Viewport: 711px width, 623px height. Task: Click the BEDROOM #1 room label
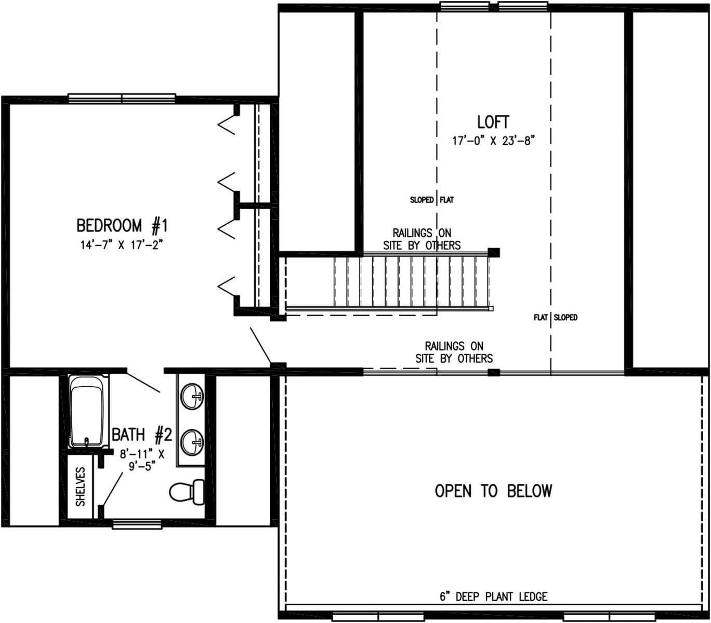click(122, 226)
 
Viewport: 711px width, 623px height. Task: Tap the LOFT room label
click(493, 122)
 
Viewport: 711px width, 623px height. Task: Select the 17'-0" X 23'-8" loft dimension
click(493, 141)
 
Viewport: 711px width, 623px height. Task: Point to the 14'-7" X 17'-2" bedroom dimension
click(122, 245)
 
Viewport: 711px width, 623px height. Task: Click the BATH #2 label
click(141, 434)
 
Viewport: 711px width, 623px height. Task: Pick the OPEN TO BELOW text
click(493, 491)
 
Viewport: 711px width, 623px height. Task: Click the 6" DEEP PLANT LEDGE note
click(493, 597)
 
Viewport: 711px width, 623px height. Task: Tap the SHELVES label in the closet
click(81, 486)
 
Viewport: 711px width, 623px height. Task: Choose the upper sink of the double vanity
click(192, 397)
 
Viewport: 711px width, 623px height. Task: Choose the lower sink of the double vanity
click(192, 442)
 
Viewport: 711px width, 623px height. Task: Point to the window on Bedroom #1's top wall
click(122, 98)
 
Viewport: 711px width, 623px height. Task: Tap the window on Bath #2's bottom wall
click(138, 525)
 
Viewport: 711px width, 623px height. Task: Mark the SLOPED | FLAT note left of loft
click(431, 200)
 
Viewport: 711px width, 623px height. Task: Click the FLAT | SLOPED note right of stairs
click(555, 317)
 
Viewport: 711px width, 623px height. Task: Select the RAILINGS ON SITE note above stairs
click(422, 239)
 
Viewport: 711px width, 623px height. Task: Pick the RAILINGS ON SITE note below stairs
click(454, 352)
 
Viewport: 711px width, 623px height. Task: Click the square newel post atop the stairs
click(494, 252)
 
